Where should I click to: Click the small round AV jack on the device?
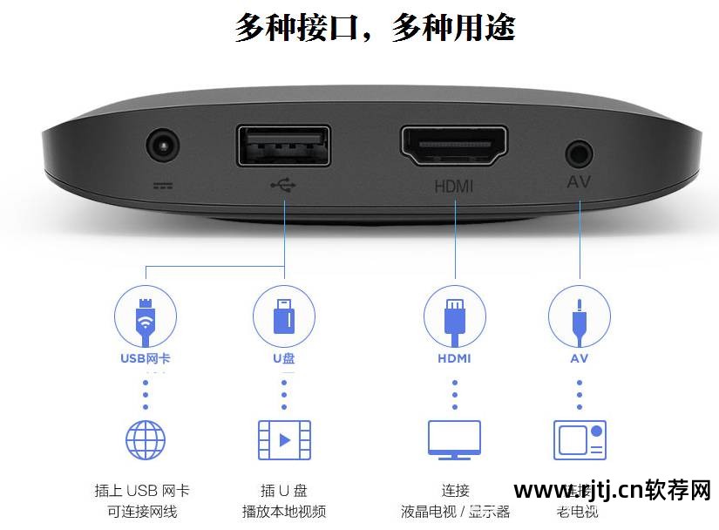tap(579, 155)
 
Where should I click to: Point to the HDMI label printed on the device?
tap(453, 185)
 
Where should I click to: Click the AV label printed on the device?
tap(580, 183)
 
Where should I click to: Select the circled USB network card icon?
tap(146, 316)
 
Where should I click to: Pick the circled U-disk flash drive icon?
tap(284, 316)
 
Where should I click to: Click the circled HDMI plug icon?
tap(454, 316)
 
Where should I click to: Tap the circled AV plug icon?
tap(580, 316)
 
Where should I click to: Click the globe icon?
tap(146, 439)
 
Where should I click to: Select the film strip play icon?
tap(284, 439)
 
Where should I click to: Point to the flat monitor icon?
tap(454, 439)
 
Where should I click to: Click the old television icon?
tap(580, 439)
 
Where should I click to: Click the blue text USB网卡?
tap(146, 358)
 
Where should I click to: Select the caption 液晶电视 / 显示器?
tap(455, 512)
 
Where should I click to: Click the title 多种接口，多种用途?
tap(375, 28)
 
